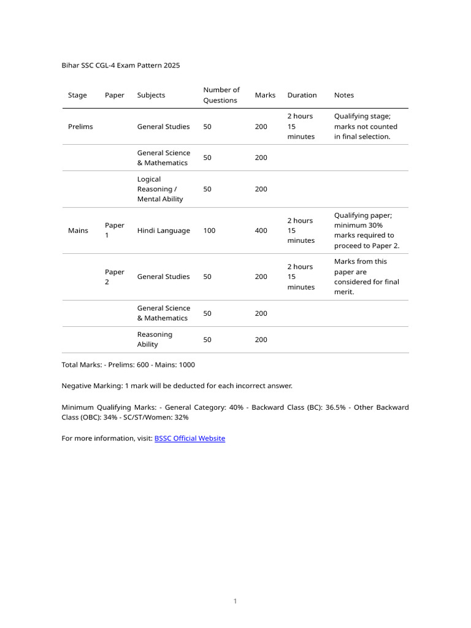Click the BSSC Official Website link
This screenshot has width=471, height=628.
point(190,438)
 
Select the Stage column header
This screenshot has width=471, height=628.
point(77,95)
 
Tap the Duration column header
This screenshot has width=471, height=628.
point(302,95)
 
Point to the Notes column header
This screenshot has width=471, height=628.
point(343,95)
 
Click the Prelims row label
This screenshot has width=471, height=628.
point(80,126)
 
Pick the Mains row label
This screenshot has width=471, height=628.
point(78,231)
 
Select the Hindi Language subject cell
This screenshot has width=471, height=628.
point(163,231)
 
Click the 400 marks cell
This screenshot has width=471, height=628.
point(261,231)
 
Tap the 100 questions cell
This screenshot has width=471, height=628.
point(209,231)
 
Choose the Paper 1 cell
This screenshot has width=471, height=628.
point(114,231)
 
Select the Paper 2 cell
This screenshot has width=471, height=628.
point(114,277)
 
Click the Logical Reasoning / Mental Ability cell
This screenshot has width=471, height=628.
point(160,189)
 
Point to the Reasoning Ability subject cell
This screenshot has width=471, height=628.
point(155,339)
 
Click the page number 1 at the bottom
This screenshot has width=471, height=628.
point(235,601)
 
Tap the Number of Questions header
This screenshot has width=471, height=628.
point(221,95)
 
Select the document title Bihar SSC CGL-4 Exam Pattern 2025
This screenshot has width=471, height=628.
point(121,65)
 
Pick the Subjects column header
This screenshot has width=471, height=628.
point(151,95)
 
